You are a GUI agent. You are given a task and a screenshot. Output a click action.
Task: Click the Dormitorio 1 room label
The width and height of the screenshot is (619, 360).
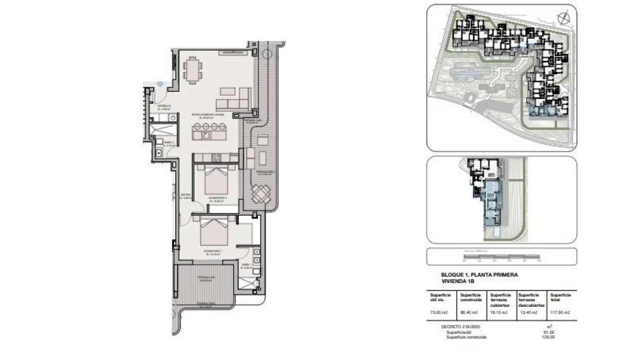[x=214, y=252]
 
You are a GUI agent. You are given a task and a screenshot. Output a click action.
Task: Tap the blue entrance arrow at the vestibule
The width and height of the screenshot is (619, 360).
[x=160, y=84]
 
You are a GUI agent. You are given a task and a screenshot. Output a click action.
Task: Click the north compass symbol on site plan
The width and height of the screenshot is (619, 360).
[x=563, y=18]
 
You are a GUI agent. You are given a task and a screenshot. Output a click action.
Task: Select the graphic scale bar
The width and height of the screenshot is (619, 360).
[x=501, y=256]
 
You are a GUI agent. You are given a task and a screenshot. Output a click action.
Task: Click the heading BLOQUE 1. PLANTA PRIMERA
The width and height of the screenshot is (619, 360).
[x=479, y=275]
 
